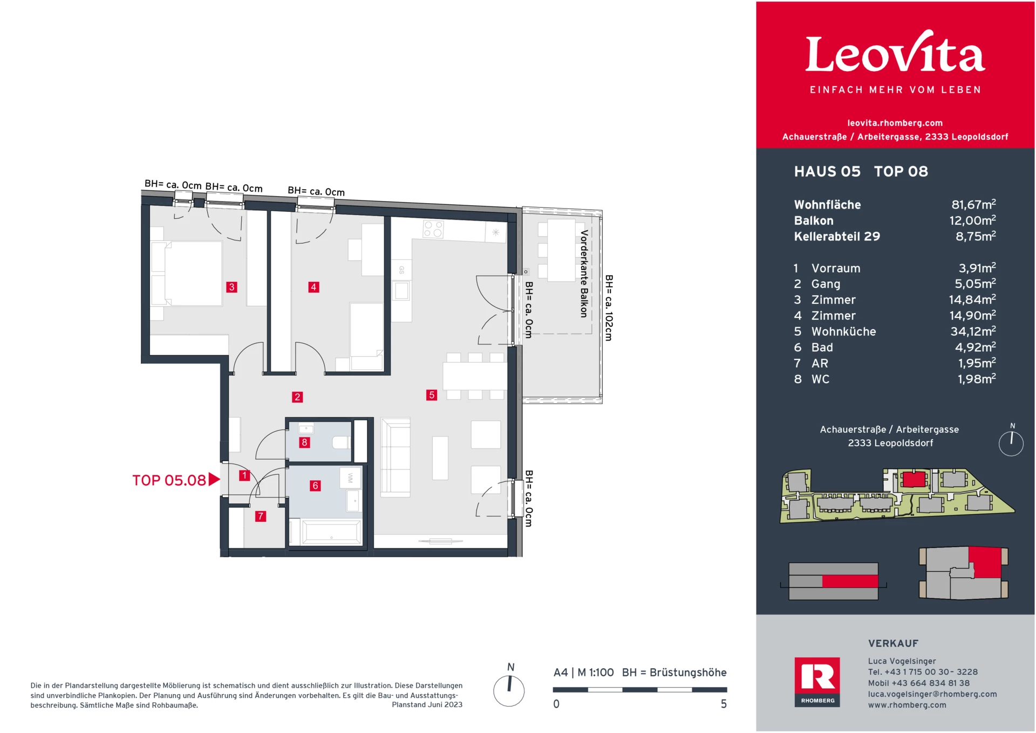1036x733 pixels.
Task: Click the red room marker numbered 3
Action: point(231,287)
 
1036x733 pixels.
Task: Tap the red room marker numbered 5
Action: point(431,395)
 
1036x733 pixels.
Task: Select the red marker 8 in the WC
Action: point(304,442)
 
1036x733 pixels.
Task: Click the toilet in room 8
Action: point(341,442)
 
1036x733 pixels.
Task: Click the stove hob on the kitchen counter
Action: point(433,229)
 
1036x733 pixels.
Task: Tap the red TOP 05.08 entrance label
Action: point(169,480)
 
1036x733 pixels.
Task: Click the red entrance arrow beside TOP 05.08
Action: point(214,479)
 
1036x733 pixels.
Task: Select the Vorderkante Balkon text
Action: point(583,273)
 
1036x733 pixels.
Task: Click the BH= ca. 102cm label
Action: point(609,308)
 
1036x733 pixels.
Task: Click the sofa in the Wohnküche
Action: point(396,458)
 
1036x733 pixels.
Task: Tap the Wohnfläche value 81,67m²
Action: point(973,205)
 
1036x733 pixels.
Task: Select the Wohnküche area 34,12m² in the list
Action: point(972,331)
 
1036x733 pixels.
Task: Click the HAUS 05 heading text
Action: point(827,171)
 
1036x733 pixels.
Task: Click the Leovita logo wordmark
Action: point(895,54)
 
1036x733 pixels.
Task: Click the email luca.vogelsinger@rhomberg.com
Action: point(932,694)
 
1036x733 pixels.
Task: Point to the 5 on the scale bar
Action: point(724,704)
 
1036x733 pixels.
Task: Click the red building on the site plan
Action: point(914,479)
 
